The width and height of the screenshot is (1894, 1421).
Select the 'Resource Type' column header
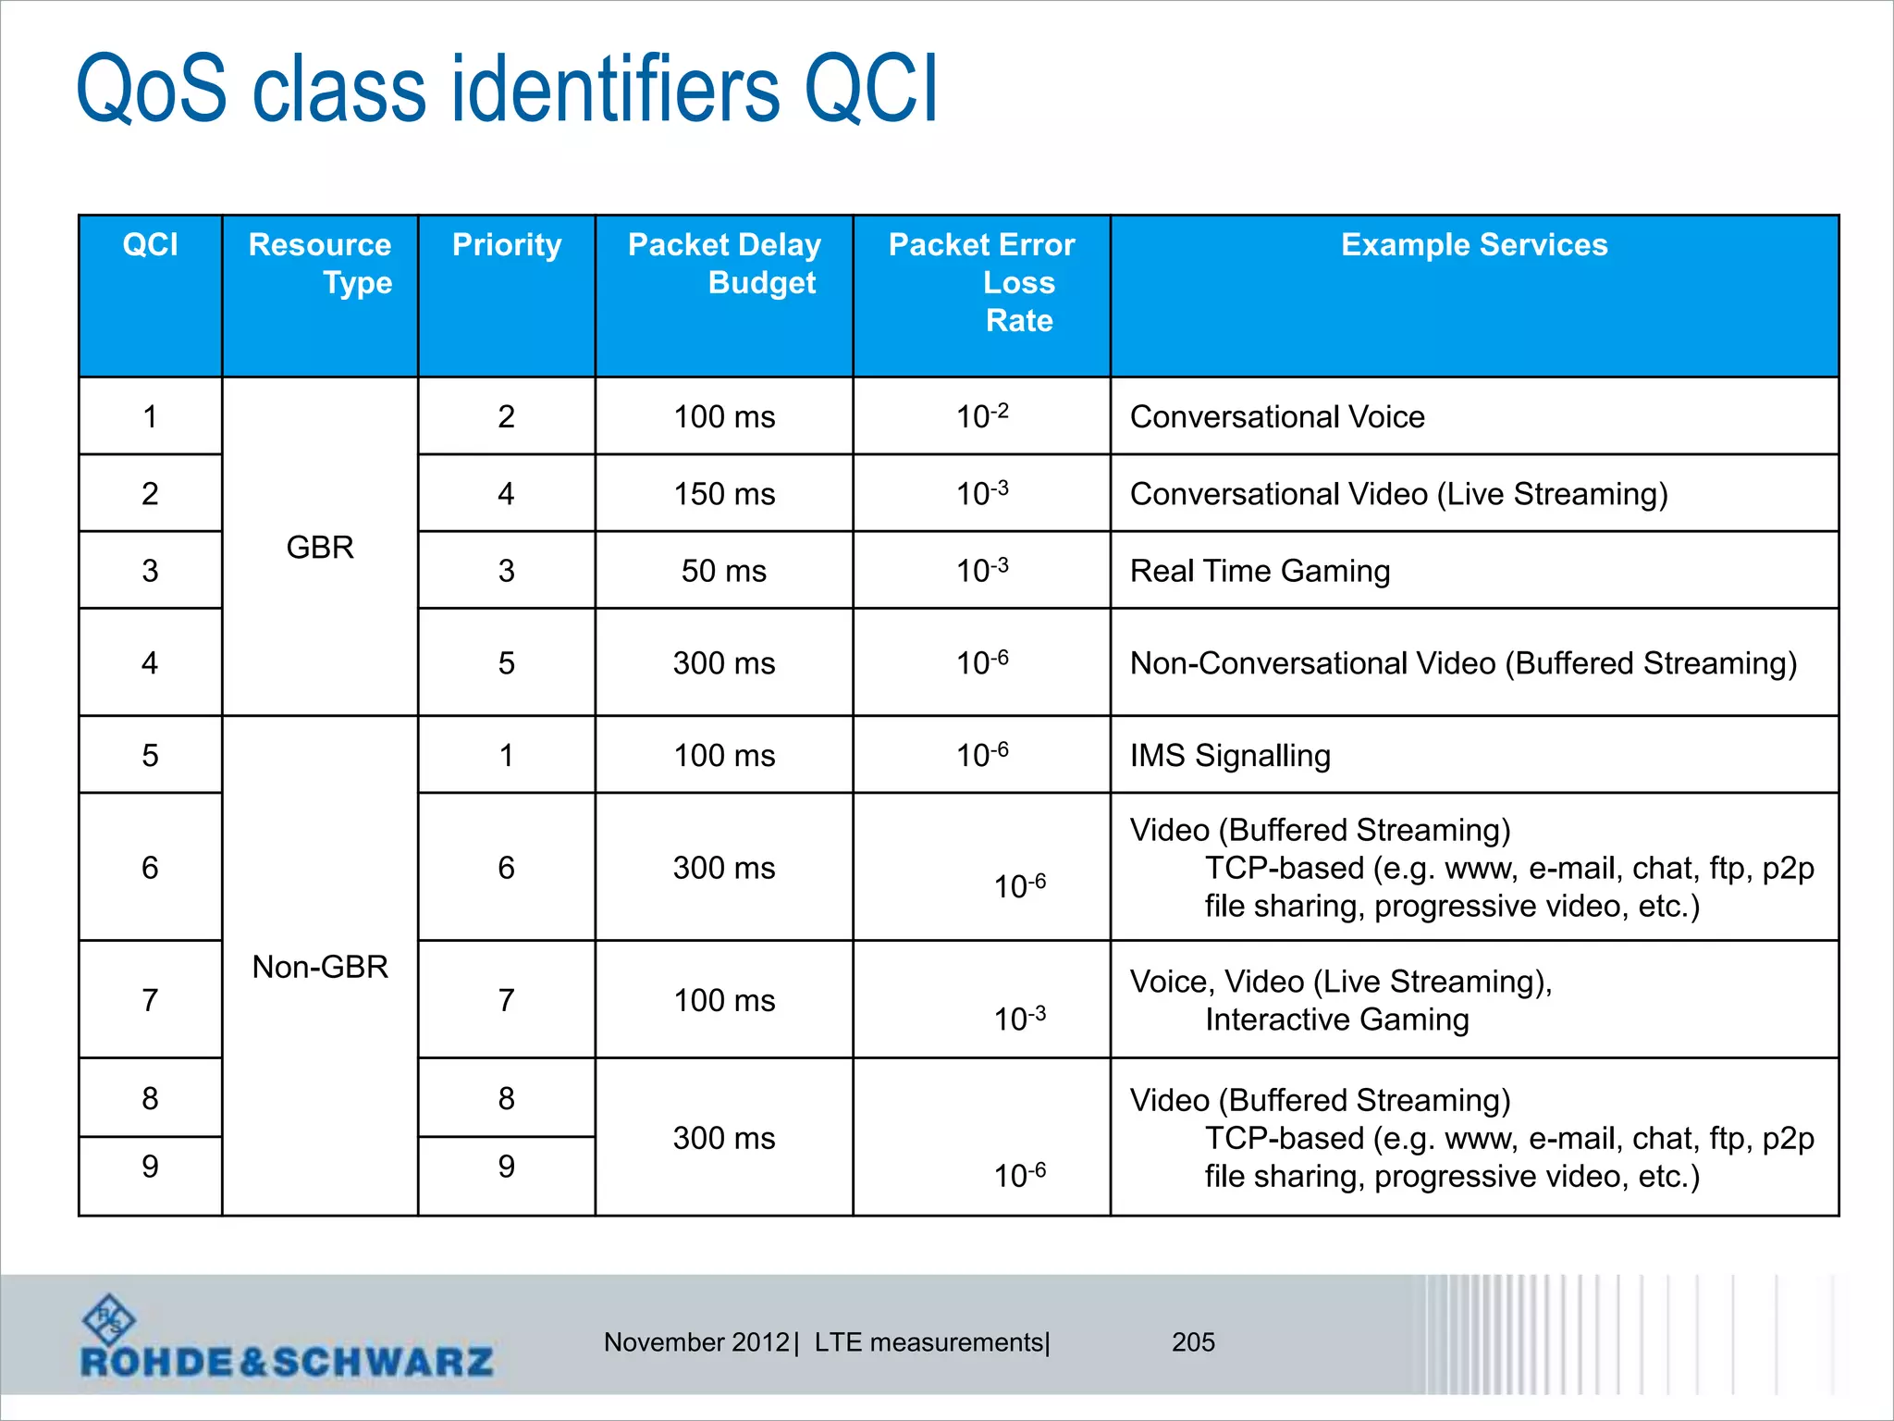(320, 264)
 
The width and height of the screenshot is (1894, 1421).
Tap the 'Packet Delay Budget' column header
(724, 264)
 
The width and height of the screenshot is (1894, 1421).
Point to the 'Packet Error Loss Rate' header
(982, 282)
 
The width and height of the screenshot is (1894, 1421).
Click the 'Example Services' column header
(1474, 245)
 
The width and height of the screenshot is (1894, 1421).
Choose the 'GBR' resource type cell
(320, 547)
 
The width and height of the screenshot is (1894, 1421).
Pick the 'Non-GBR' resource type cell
(320, 967)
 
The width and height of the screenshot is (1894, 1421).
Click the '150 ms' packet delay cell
(724, 494)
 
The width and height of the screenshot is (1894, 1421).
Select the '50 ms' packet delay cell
(724, 571)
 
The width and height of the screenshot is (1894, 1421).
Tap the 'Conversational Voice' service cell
(1277, 417)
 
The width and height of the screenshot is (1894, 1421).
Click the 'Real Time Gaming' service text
(1260, 571)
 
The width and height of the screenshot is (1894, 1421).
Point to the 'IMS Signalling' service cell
(1230, 756)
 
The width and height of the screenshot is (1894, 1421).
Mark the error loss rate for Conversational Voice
(982, 416)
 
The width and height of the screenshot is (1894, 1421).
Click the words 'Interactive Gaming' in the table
(1336, 1019)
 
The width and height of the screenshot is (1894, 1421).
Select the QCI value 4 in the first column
(150, 662)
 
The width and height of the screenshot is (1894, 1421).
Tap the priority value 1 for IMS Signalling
(506, 756)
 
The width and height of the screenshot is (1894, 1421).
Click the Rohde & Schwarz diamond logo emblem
(108, 1319)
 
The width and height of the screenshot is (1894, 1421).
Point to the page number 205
(1193, 1342)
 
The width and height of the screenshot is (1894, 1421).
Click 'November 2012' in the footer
(696, 1342)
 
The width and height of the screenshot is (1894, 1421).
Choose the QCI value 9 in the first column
(150, 1167)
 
